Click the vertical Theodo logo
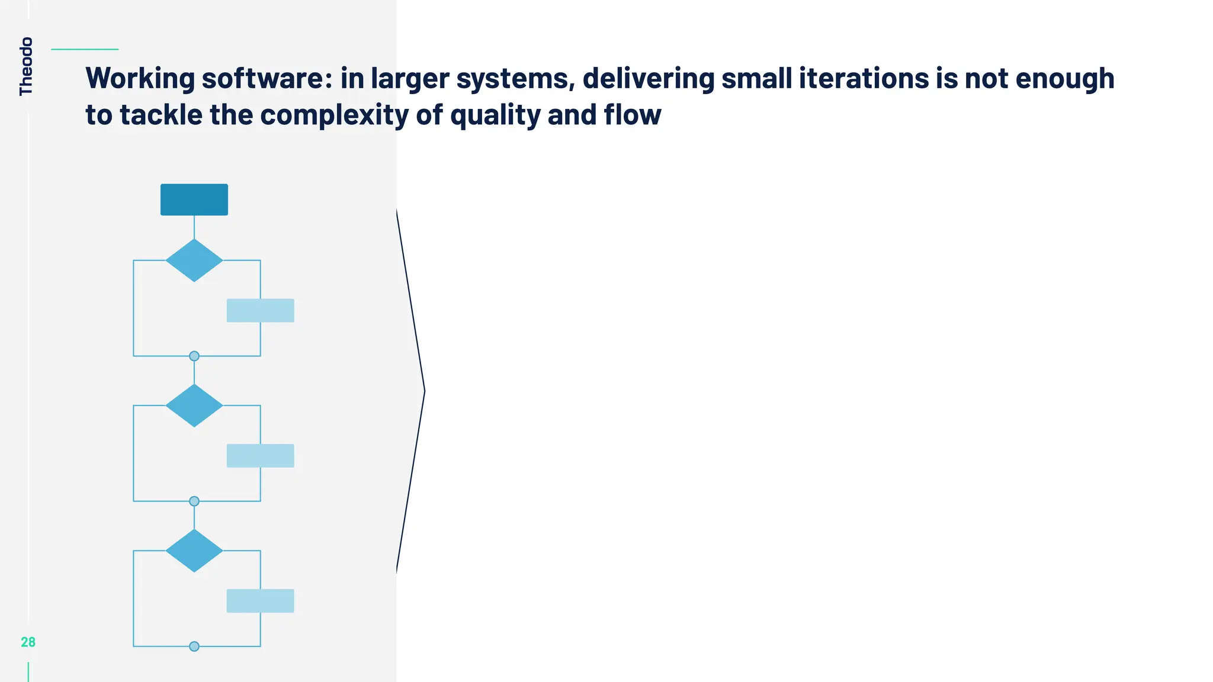(x=26, y=66)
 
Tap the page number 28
(x=28, y=642)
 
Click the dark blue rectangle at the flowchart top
(x=194, y=200)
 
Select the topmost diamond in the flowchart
(x=194, y=260)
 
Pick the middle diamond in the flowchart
(x=194, y=406)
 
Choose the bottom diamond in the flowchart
(x=194, y=551)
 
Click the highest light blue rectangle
(x=261, y=310)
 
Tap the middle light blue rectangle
(x=261, y=456)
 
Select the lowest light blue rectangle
(x=261, y=601)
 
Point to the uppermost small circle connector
(x=194, y=356)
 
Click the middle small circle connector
(x=194, y=501)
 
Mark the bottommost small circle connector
(x=194, y=646)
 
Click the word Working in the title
(x=140, y=79)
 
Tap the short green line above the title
(x=85, y=49)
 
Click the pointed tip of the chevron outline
(x=424, y=391)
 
